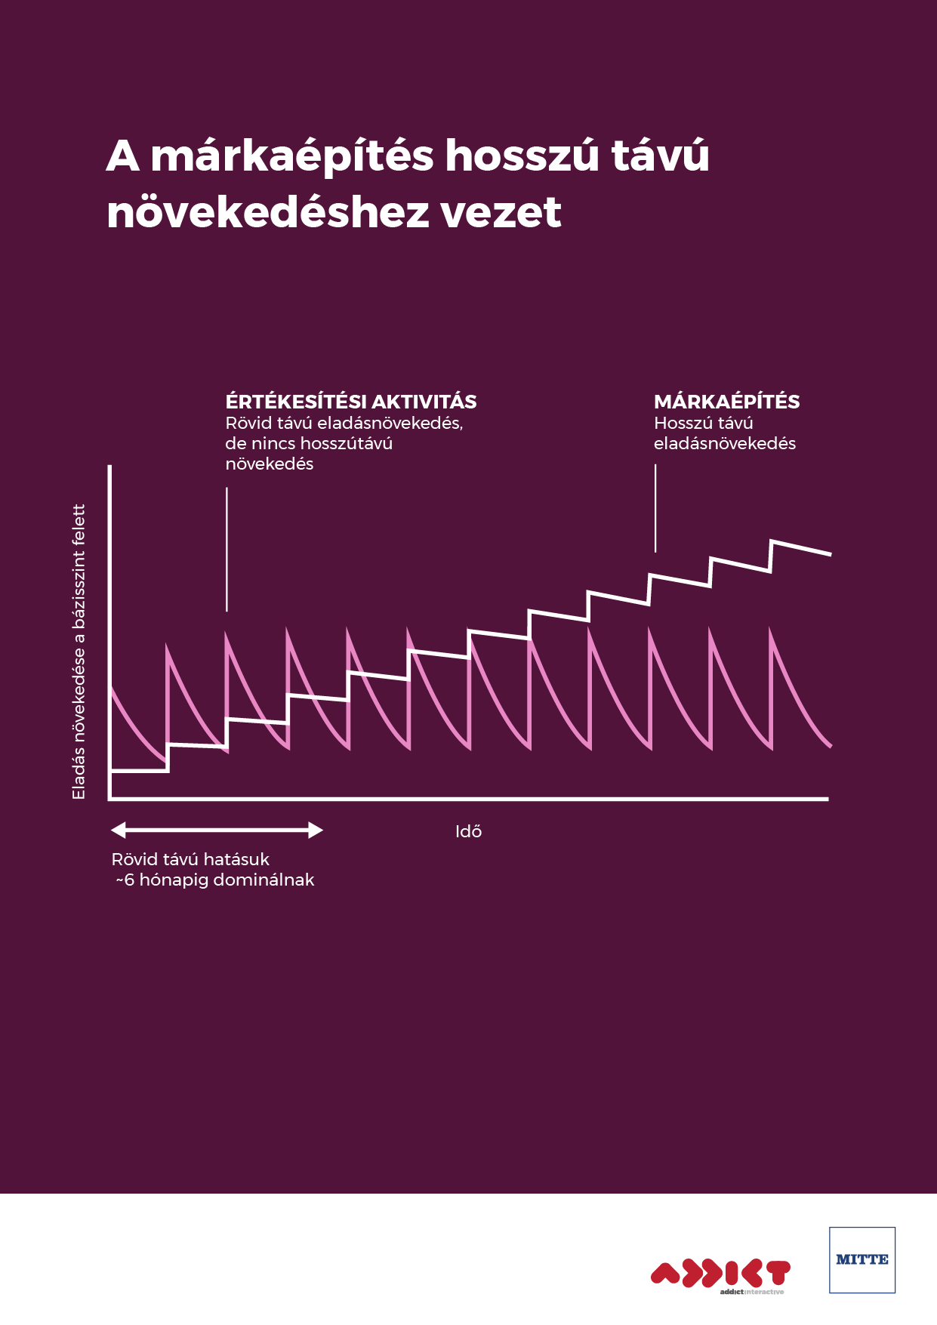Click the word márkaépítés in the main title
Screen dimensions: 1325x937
pos(292,157)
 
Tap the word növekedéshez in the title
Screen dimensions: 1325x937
pos(267,212)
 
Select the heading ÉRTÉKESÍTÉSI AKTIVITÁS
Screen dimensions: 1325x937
pos(351,402)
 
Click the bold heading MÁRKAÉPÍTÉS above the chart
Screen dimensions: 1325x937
pos(726,402)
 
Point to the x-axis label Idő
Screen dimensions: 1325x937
pos(468,832)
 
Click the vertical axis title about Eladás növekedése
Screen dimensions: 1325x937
pos(79,652)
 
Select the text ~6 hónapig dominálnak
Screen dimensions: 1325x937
pos(215,880)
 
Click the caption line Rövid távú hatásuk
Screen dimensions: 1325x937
pos(190,859)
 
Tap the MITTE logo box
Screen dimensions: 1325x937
pos(861,1259)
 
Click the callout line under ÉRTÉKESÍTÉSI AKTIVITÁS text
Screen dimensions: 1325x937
pos(227,549)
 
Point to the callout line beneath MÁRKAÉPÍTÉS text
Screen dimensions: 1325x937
pos(655,507)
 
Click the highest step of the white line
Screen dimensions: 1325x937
pos(800,547)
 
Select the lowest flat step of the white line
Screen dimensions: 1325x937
pos(139,770)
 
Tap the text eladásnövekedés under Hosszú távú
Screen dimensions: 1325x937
pos(724,443)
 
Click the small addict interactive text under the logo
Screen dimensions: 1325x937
pos(751,1292)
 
